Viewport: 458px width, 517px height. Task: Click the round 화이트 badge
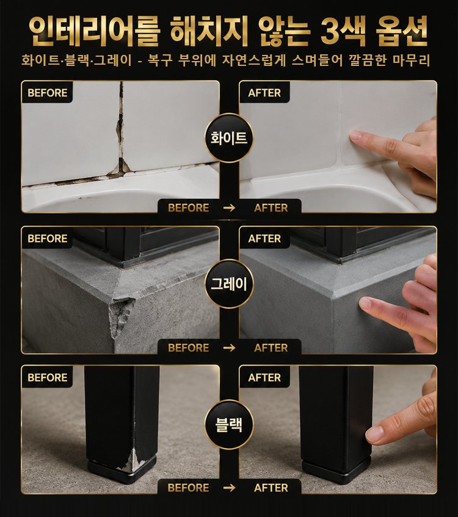click(x=228, y=138)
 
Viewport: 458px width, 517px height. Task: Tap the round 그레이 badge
click(x=228, y=284)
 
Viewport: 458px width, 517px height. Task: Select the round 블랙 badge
click(x=228, y=424)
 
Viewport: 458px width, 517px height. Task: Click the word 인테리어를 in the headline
click(x=95, y=31)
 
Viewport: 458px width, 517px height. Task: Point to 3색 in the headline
click(x=343, y=31)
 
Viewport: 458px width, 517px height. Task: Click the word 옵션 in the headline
click(x=402, y=31)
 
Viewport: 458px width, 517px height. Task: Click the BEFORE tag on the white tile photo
click(x=47, y=93)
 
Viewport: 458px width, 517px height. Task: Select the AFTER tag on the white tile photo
click(x=264, y=93)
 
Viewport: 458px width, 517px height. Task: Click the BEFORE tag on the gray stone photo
click(x=47, y=238)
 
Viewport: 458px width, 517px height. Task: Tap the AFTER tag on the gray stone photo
click(x=264, y=238)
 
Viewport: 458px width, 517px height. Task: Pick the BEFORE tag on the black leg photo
click(x=47, y=377)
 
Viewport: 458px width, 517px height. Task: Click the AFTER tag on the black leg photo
click(x=264, y=377)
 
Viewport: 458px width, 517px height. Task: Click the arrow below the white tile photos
click(x=230, y=208)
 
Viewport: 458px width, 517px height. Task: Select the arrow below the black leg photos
click(x=230, y=487)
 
